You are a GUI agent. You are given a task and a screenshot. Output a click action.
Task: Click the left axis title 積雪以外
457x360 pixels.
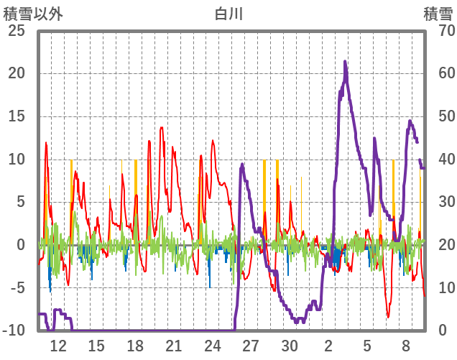coord(33,13)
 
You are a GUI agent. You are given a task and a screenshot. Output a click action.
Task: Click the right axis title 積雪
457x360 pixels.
coord(438,13)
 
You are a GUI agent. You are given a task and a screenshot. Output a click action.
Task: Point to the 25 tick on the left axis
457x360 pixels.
coord(17,31)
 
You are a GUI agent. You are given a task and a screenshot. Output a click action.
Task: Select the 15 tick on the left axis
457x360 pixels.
coord(17,116)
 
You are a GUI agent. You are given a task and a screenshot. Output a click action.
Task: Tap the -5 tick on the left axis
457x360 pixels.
coord(17,287)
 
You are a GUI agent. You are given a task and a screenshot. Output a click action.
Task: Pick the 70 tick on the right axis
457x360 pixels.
coord(439,31)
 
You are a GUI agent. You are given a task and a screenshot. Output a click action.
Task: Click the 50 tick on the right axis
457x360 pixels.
coord(439,116)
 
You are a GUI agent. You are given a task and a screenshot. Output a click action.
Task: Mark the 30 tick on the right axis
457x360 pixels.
coord(439,202)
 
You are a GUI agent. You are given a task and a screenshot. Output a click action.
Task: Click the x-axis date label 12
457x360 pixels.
coord(58,345)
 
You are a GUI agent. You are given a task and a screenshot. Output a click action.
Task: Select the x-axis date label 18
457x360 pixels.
coord(135,345)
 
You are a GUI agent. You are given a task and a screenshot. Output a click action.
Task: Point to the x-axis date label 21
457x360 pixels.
coord(174,345)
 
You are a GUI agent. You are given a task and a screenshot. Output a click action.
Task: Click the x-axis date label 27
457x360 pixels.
coord(251,345)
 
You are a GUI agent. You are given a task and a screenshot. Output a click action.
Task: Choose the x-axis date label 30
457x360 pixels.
coord(290,345)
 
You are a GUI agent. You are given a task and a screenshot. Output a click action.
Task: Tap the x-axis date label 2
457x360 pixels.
coord(328,345)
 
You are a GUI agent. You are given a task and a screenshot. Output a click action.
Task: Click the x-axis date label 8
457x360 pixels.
coord(406,345)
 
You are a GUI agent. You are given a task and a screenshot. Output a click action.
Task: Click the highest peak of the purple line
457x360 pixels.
coord(345,62)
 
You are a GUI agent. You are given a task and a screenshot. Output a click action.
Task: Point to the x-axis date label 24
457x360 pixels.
coord(213,345)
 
